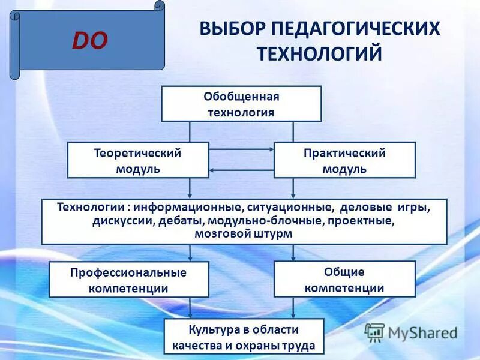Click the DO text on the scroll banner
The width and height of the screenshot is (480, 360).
90,40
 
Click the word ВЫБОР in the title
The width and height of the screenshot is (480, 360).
232,29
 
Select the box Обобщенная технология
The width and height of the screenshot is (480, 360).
241,104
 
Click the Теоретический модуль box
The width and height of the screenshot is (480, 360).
137,160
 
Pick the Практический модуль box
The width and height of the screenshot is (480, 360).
344,160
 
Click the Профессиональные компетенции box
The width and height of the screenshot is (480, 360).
128,280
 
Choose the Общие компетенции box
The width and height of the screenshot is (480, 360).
344,279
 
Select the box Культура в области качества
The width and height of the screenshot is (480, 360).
244,337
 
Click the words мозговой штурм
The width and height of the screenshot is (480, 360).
244,234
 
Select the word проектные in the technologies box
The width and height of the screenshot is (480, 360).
362,221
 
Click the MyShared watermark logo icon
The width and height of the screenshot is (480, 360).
374,332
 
